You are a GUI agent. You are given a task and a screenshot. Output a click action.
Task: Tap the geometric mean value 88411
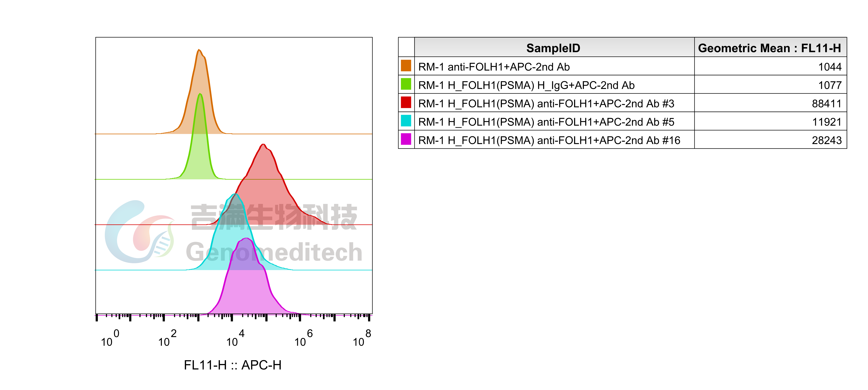(827, 103)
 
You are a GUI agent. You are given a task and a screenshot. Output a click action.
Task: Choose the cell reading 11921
(827, 122)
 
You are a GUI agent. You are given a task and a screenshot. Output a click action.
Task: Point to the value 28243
(827, 140)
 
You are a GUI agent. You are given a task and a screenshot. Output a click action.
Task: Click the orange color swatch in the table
(406, 66)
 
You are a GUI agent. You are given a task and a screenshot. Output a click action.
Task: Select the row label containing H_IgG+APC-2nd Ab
(526, 85)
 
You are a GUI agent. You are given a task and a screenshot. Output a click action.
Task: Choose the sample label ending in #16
(549, 140)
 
